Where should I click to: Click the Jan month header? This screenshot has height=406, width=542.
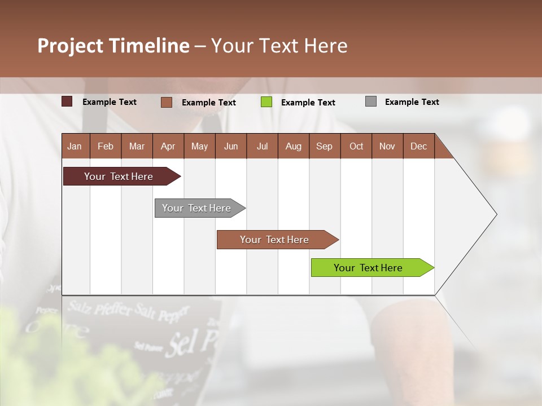[x=75, y=146]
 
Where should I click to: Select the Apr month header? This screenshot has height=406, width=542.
[x=168, y=146]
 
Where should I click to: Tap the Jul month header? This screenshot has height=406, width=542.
[x=262, y=146]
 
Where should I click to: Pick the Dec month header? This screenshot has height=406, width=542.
[x=418, y=146]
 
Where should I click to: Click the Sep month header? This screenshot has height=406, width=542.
[x=324, y=146]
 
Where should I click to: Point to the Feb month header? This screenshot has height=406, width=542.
[x=106, y=146]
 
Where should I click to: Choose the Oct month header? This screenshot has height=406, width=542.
[x=356, y=146]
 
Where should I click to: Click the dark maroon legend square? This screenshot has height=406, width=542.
[x=67, y=101]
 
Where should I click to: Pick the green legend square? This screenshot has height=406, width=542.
[x=266, y=102]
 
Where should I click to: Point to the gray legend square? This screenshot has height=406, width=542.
[x=371, y=101]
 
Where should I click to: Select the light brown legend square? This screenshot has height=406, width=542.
[x=167, y=102]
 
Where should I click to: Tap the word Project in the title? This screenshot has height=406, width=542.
[x=71, y=46]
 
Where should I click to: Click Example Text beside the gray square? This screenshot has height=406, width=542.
[x=412, y=102]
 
